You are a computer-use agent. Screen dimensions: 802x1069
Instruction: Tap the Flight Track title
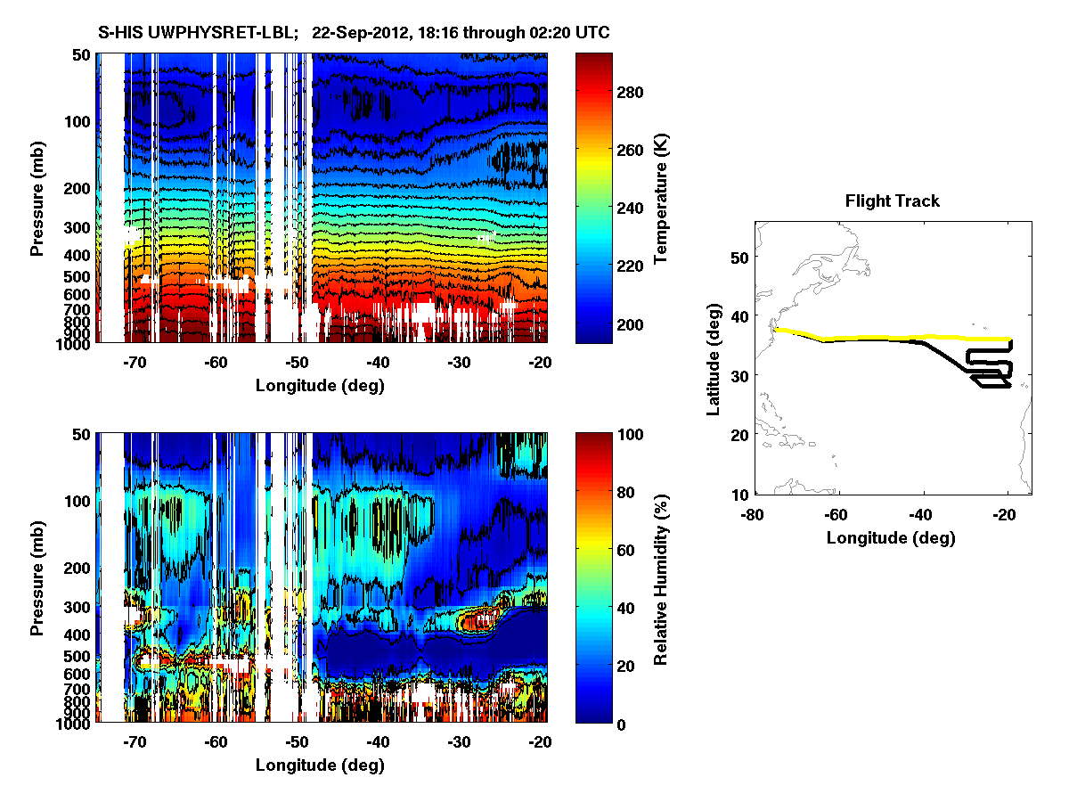(892, 201)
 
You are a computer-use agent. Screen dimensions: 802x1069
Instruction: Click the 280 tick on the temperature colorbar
(631, 92)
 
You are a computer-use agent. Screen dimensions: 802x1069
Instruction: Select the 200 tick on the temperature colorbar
(631, 323)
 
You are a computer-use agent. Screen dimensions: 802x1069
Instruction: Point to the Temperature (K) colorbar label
(661, 198)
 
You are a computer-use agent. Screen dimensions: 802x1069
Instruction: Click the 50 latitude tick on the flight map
(739, 257)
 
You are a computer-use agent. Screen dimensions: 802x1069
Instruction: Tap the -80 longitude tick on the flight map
(755, 514)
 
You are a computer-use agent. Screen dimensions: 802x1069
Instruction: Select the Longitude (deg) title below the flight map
(891, 537)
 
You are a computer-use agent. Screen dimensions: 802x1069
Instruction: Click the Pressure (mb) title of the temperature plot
(37, 197)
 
